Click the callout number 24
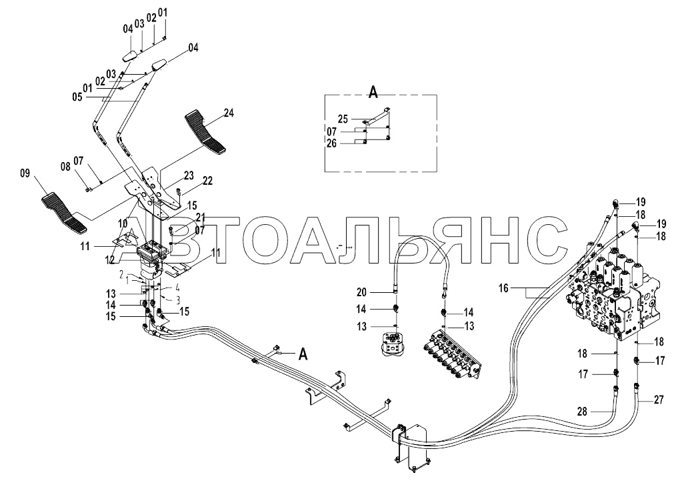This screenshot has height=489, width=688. click(x=229, y=113)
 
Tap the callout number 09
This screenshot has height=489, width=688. click(x=25, y=175)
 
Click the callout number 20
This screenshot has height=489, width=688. click(x=379, y=292)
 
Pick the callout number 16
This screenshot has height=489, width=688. click(x=503, y=288)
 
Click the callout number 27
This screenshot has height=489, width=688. click(x=659, y=400)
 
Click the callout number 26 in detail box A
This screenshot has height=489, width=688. click(x=350, y=142)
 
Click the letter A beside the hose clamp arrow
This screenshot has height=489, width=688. click(x=303, y=354)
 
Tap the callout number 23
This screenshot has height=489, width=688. click(x=189, y=175)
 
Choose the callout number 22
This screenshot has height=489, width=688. click(x=207, y=181)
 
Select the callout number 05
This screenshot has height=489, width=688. click(x=78, y=97)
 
